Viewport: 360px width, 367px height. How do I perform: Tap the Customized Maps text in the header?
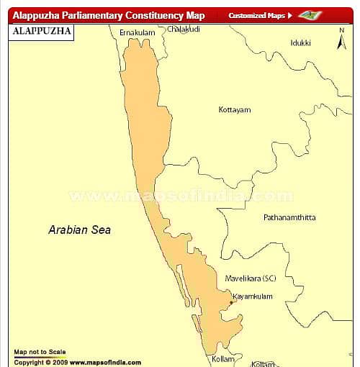coord(256,15)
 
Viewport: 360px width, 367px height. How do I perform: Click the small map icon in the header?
coord(310,15)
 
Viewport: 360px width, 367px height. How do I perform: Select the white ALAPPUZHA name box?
coord(42,32)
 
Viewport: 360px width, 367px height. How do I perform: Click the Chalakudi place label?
coord(184,30)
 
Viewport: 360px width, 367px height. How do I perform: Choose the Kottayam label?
coord(234,110)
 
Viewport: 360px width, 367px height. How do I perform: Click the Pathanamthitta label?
coord(289,217)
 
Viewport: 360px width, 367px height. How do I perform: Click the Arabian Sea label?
coord(79,230)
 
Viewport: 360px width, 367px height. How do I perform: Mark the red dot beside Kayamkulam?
coord(230,302)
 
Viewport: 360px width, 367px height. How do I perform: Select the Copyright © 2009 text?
coord(40,362)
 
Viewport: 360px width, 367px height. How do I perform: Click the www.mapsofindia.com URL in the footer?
coord(105,362)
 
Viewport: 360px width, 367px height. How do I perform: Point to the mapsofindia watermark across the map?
coord(180,196)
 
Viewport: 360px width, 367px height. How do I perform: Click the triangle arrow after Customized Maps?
coord(289,15)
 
